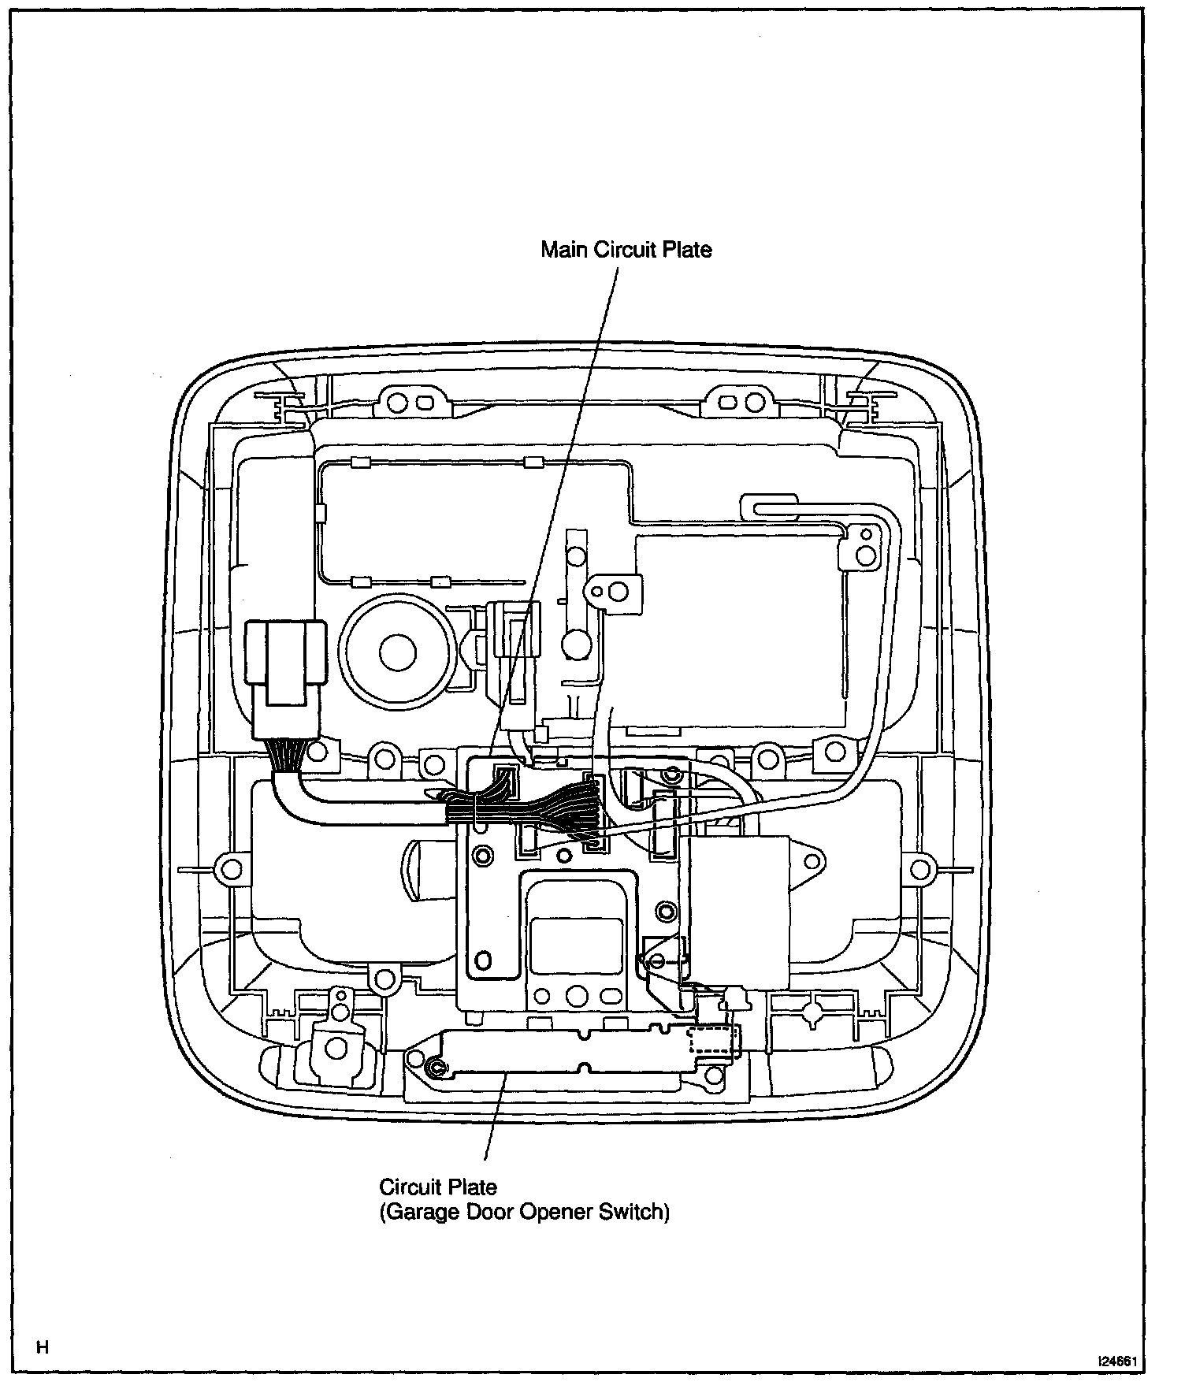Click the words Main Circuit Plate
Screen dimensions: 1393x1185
(x=626, y=250)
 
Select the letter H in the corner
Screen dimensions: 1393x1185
(x=43, y=1347)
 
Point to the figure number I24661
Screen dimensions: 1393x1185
(x=1121, y=1361)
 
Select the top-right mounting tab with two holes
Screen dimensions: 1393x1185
(x=742, y=401)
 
